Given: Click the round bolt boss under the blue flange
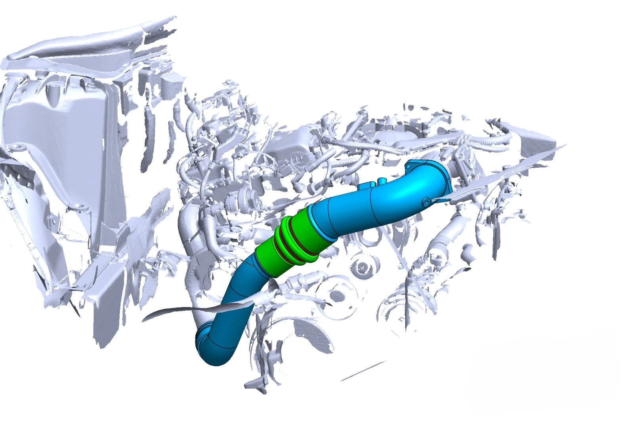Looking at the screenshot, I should pyautogui.click(x=426, y=202).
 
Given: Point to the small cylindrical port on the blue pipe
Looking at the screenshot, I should pyautogui.click(x=382, y=181).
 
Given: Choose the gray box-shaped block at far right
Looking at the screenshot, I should pyautogui.click(x=539, y=144).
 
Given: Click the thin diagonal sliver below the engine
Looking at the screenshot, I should pyautogui.click(x=363, y=370).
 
